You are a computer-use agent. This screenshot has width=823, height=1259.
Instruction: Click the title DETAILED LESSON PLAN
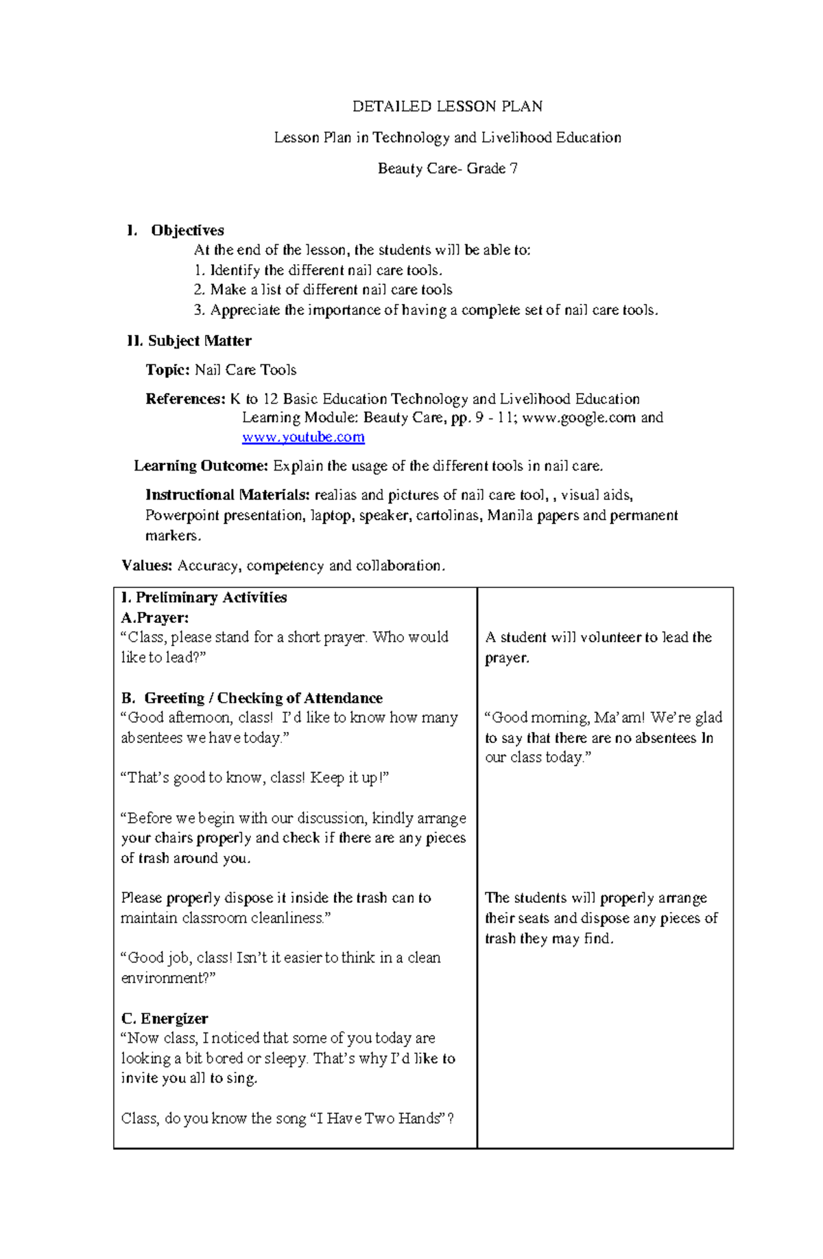pos(447,106)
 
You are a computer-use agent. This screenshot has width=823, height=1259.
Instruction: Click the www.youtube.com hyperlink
pos(303,437)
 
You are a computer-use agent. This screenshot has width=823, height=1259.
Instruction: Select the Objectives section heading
pos(187,231)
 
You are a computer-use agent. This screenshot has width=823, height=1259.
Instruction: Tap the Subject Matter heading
pos(200,341)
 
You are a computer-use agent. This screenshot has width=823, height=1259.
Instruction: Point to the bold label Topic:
pos(167,370)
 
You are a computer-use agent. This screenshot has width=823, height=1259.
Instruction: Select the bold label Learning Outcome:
pos(200,467)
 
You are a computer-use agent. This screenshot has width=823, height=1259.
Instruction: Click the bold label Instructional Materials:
pos(228,495)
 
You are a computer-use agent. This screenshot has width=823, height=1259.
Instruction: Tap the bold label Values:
pos(147,566)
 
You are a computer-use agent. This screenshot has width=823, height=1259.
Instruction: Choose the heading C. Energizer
pos(165,1019)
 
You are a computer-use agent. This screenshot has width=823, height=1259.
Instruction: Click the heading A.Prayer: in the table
pos(155,617)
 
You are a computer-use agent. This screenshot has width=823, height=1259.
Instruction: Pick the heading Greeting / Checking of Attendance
pos(263,698)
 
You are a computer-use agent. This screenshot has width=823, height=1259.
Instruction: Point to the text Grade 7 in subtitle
pos(492,169)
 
